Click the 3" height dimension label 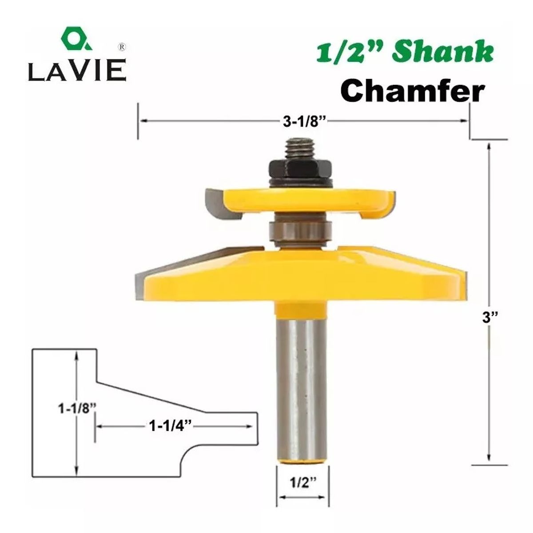click(490, 318)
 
